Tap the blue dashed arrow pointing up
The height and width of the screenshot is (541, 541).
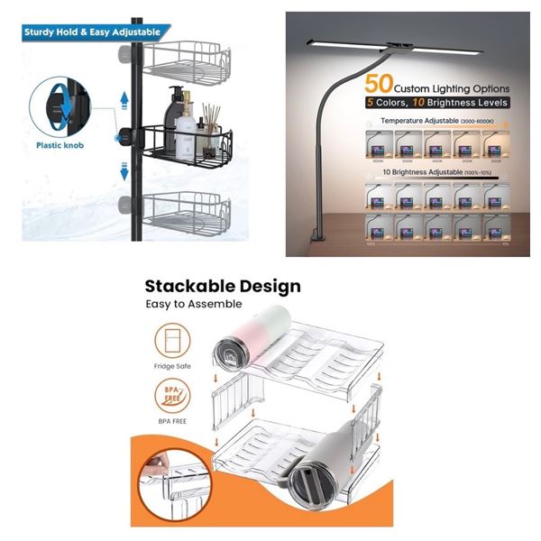click(x=124, y=100)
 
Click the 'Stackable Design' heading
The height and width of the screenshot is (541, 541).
click(x=223, y=288)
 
